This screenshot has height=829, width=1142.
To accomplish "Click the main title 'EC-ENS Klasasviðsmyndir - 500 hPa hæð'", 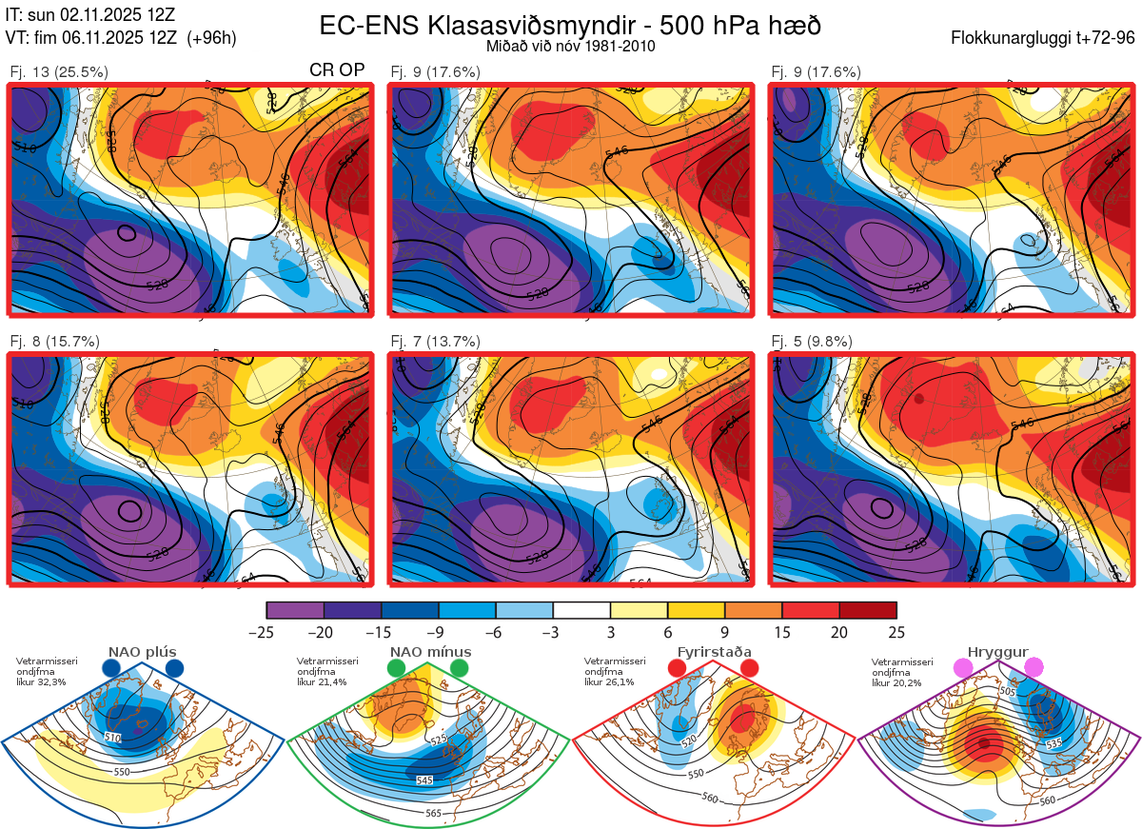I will click(569, 26).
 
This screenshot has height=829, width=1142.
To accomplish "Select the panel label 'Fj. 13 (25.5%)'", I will click(59, 71).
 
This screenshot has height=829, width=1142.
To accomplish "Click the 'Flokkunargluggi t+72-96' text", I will click(1043, 38).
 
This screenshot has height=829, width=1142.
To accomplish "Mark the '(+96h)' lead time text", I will click(212, 38).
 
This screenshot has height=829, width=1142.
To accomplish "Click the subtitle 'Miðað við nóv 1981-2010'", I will click(569, 46).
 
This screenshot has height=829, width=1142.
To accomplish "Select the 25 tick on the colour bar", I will click(896, 632).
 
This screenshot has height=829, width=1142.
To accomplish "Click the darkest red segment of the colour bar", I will click(867, 610).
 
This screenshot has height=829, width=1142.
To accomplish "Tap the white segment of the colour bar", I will click(581, 610).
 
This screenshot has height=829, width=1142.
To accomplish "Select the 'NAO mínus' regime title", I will click(430, 652).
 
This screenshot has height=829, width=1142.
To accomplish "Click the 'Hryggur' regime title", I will click(999, 652).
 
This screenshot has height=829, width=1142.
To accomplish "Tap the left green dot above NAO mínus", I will click(397, 669).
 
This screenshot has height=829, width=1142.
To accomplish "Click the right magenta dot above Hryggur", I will click(1034, 669).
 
